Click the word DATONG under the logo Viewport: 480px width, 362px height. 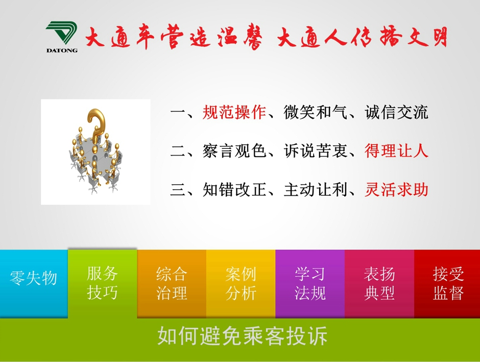(x=62, y=50)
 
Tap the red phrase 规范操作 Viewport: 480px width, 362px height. (x=234, y=112)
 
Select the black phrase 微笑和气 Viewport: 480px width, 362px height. (x=315, y=112)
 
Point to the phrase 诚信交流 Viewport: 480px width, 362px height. (x=396, y=112)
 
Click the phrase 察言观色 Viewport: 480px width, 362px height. (x=234, y=151)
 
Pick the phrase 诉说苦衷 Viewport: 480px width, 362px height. (x=315, y=151)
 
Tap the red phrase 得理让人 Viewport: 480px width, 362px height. (x=396, y=151)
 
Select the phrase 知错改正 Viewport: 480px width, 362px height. (x=234, y=190)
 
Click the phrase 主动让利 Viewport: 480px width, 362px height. (x=315, y=190)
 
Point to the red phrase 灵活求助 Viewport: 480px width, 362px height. (x=396, y=190)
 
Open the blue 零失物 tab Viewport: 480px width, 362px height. (x=34, y=283)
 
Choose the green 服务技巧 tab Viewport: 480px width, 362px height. (x=102, y=283)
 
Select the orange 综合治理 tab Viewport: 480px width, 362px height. (x=172, y=283)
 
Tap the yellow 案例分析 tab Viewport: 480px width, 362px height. (x=241, y=283)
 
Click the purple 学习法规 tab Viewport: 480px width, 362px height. (x=310, y=283)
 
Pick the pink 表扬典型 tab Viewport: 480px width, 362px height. (x=379, y=283)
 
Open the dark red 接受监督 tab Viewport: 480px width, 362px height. (x=447, y=283)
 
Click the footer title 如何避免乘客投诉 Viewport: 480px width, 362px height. (x=242, y=336)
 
